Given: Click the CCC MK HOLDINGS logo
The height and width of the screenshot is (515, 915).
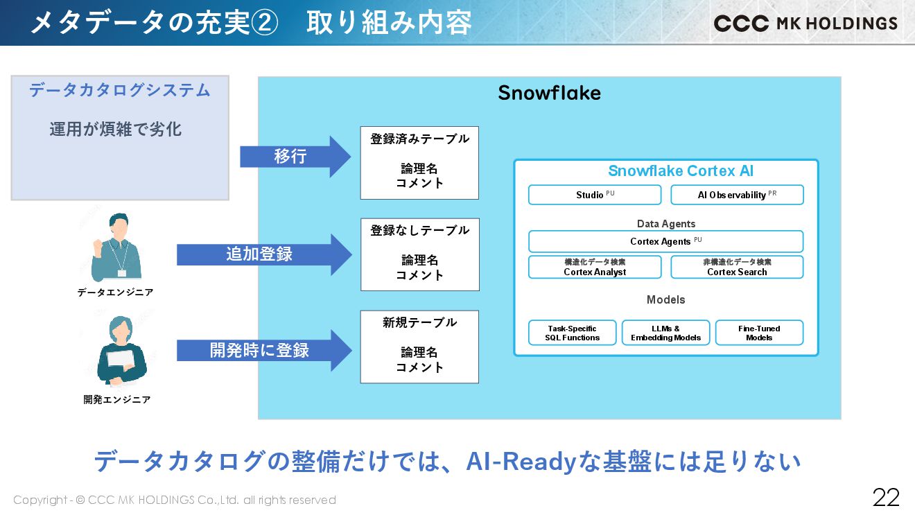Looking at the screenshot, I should tap(805, 23).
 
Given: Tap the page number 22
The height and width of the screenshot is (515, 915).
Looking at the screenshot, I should tap(886, 497).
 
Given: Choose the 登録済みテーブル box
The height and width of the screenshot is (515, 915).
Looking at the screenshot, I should tap(419, 163).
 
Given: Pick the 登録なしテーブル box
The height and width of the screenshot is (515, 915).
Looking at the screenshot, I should tap(419, 254).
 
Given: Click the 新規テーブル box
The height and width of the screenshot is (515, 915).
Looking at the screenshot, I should tap(419, 347).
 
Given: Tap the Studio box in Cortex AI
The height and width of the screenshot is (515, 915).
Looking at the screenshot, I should tap(595, 195).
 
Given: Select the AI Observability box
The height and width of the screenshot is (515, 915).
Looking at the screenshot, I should tap(737, 195).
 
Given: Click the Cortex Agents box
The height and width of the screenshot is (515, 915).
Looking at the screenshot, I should tap(665, 241).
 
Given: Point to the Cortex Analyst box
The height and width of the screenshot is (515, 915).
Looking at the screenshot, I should tap(595, 268).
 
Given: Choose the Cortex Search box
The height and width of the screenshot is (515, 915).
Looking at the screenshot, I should tap(737, 268).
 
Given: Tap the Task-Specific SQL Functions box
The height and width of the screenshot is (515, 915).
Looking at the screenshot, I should tap(572, 333).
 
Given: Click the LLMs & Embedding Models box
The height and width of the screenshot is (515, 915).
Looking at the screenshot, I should tap(665, 333).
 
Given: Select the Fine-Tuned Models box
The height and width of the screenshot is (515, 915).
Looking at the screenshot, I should tap(759, 333).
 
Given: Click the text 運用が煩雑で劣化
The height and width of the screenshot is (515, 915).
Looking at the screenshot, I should tap(115, 130).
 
